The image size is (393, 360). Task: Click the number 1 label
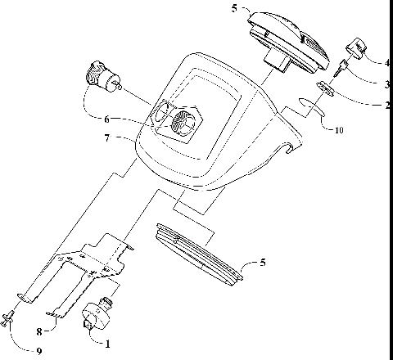click(106, 344)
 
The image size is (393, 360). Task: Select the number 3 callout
click(386, 83)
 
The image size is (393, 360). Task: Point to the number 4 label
click(386, 62)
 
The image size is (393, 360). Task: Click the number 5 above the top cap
click(234, 10)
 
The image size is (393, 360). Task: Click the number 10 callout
click(338, 129)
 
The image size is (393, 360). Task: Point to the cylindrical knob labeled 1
click(98, 315)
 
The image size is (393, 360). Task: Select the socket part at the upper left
click(101, 76)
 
